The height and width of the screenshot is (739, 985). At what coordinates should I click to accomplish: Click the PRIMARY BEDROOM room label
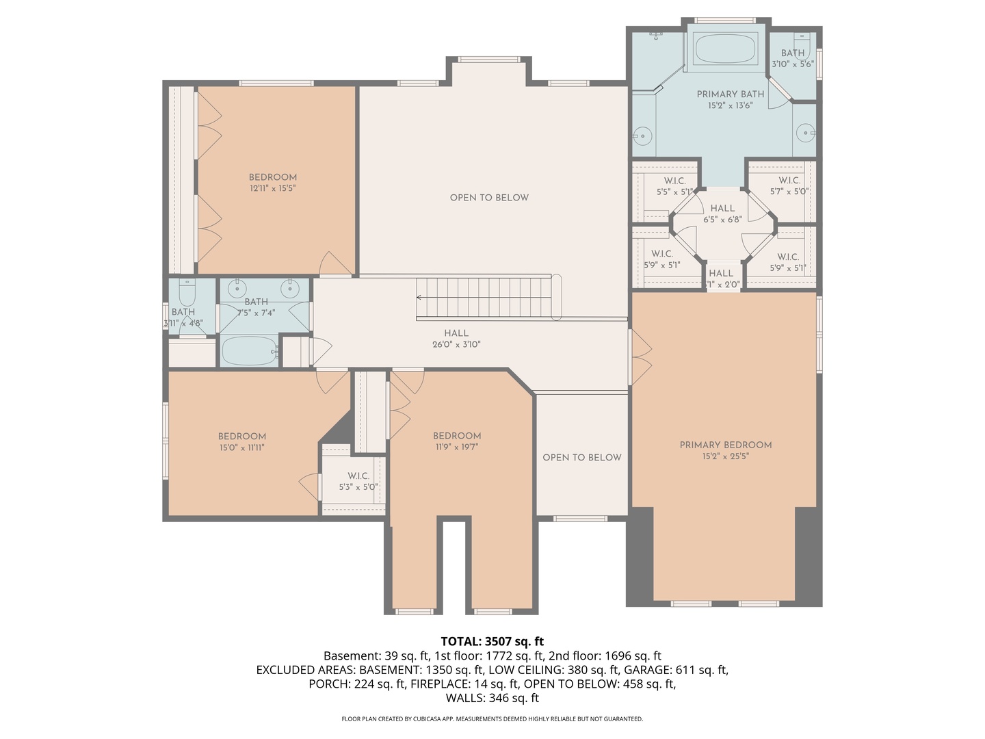click(725, 445)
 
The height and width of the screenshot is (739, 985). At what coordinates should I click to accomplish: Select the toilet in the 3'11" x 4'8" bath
click(187, 293)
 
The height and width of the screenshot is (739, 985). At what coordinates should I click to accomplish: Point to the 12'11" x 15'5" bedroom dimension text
click(272, 188)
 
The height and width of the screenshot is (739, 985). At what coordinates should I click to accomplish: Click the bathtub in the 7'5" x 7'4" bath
click(249, 351)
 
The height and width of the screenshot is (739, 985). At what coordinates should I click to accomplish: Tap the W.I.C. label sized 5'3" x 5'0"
click(358, 476)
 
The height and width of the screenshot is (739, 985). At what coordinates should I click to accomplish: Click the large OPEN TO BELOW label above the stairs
click(489, 198)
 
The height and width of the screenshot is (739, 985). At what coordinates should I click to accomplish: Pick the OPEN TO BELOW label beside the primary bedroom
click(581, 457)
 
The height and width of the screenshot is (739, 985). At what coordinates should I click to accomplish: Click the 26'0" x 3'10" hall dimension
click(456, 344)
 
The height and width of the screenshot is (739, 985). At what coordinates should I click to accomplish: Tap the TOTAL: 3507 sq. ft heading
click(492, 641)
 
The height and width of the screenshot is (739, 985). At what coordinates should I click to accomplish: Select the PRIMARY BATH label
click(730, 94)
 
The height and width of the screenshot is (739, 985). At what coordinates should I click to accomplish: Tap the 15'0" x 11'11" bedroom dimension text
click(241, 448)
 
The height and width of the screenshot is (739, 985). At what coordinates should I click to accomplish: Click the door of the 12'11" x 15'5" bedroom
click(335, 264)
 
